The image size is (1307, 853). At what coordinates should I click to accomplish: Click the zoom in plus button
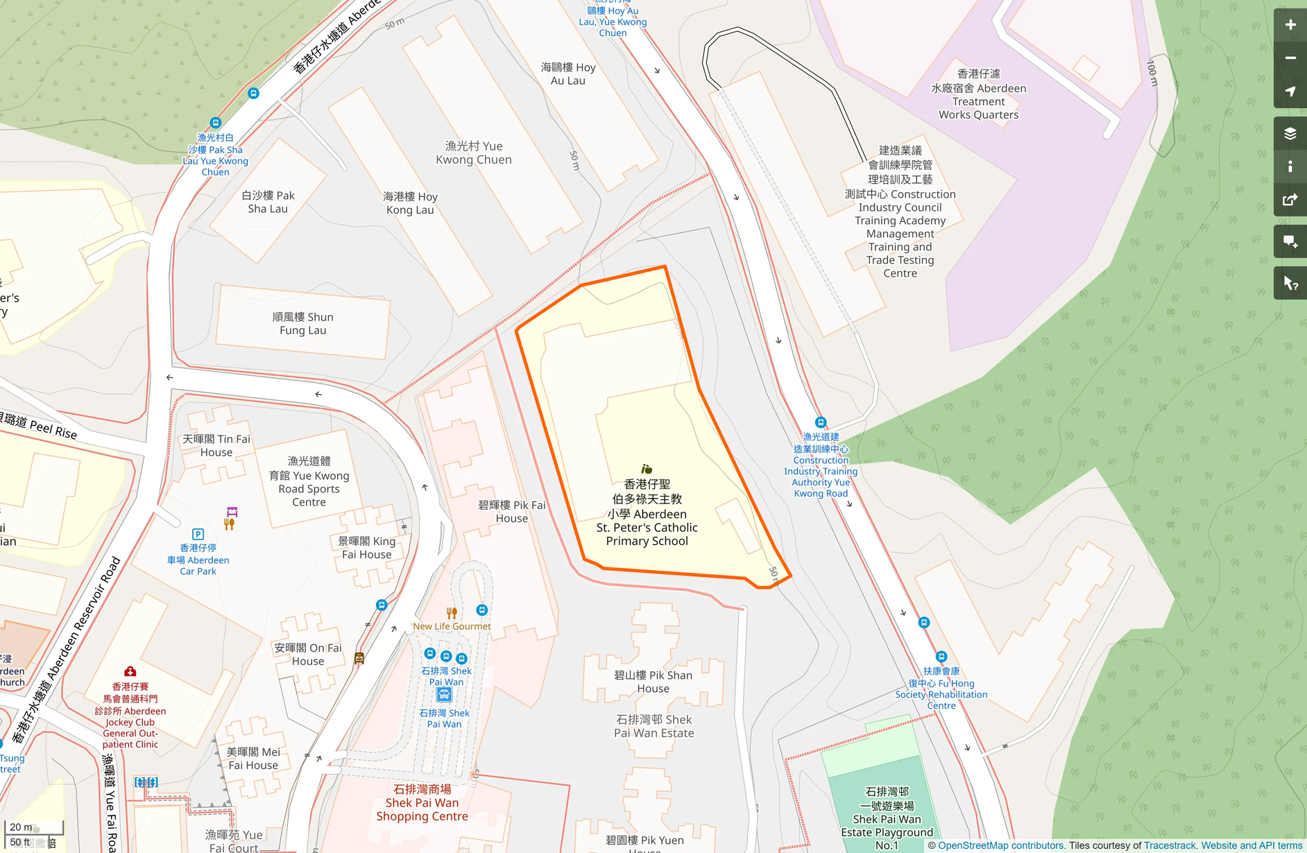click(1290, 25)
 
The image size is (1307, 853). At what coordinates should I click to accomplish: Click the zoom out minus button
click(1290, 58)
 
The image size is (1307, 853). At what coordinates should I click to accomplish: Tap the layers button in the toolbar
click(1290, 134)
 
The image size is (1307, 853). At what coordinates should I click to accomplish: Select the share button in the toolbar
click(1290, 200)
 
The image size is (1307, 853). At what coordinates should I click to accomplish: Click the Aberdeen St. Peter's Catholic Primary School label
click(647, 513)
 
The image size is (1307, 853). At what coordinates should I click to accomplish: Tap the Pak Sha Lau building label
click(268, 202)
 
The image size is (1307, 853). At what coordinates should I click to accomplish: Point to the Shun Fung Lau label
click(302, 323)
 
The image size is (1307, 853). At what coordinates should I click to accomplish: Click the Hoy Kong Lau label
click(410, 203)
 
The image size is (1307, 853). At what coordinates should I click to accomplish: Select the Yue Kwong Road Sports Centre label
click(309, 481)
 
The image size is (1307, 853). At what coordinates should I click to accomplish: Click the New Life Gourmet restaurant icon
click(452, 612)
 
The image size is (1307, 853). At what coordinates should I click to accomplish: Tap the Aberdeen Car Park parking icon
click(198, 534)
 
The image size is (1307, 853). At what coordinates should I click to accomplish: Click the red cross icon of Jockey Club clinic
click(130, 671)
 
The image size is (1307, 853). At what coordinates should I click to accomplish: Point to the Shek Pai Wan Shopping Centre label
click(422, 802)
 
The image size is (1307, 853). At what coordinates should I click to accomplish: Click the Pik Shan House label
click(653, 682)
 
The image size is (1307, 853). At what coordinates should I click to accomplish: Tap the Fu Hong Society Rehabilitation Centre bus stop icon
click(941, 656)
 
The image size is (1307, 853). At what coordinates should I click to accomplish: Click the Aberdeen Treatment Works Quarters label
click(978, 94)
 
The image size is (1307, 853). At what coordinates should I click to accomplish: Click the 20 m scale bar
click(33, 827)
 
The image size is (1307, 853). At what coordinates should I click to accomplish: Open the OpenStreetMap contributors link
click(1000, 845)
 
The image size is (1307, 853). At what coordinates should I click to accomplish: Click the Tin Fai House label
click(216, 445)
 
